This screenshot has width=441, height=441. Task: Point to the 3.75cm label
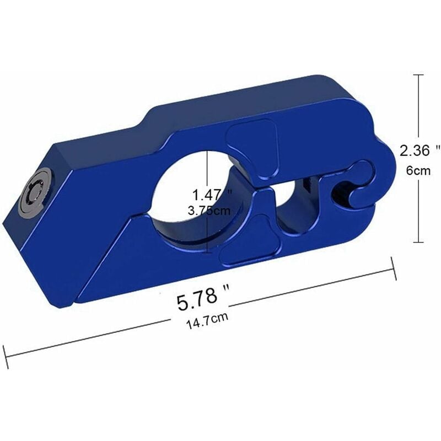click(209, 210)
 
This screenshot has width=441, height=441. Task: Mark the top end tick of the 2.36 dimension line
click(421, 76)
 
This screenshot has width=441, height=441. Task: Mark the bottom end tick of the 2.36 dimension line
click(420, 243)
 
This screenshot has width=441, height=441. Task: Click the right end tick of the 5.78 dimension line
click(393, 268)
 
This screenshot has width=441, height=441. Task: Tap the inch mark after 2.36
click(438, 147)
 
